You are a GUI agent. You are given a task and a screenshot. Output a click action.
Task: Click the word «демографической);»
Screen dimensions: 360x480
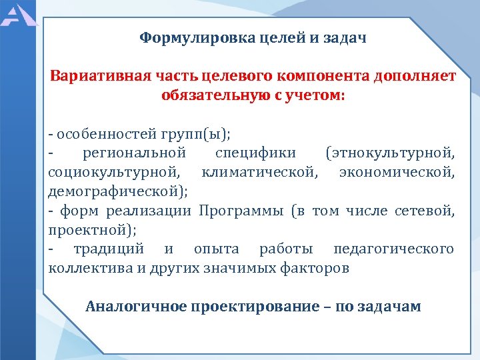(x=118, y=191)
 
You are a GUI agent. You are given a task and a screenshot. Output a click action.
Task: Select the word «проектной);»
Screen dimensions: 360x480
(x=92, y=230)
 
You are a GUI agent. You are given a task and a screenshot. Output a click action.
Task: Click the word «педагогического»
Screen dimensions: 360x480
(x=393, y=249)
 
